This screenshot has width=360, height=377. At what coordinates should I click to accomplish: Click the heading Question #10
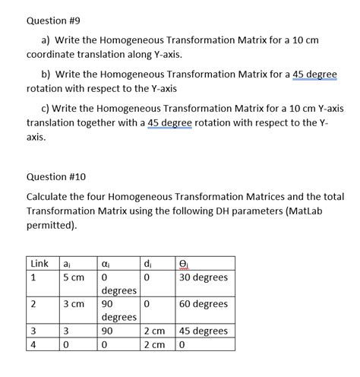(x=57, y=176)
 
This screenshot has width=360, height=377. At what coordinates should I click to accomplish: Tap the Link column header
(x=38, y=263)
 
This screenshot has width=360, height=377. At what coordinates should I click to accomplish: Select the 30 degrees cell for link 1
(x=203, y=277)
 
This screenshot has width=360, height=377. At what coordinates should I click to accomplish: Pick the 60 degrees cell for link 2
(x=203, y=304)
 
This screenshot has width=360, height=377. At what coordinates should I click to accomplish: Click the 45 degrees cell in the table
(x=203, y=331)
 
